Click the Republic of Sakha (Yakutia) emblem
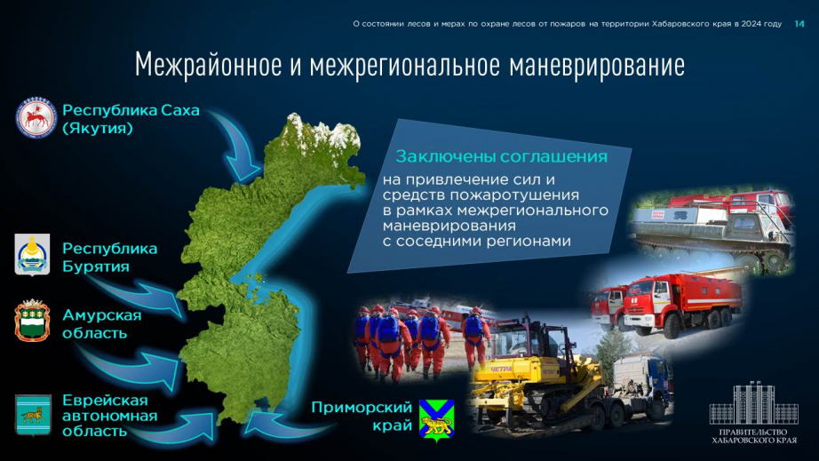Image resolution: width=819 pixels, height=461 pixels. pos(36,117)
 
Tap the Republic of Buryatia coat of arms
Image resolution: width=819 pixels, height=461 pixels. pos(32,254)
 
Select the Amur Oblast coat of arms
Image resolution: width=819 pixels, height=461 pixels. pos(32,321)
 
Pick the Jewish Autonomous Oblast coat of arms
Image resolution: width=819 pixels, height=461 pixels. pos(33,415)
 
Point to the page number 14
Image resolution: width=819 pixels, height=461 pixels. pos(799,23)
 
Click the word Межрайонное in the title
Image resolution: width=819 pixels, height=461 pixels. pos(207,66)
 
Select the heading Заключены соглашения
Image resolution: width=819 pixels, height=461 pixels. pos(501,156)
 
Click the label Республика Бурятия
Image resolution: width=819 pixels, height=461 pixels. pos(109,258)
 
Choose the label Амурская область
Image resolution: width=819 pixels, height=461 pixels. pos(102,323)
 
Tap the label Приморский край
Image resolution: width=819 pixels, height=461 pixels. pos(362,416)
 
